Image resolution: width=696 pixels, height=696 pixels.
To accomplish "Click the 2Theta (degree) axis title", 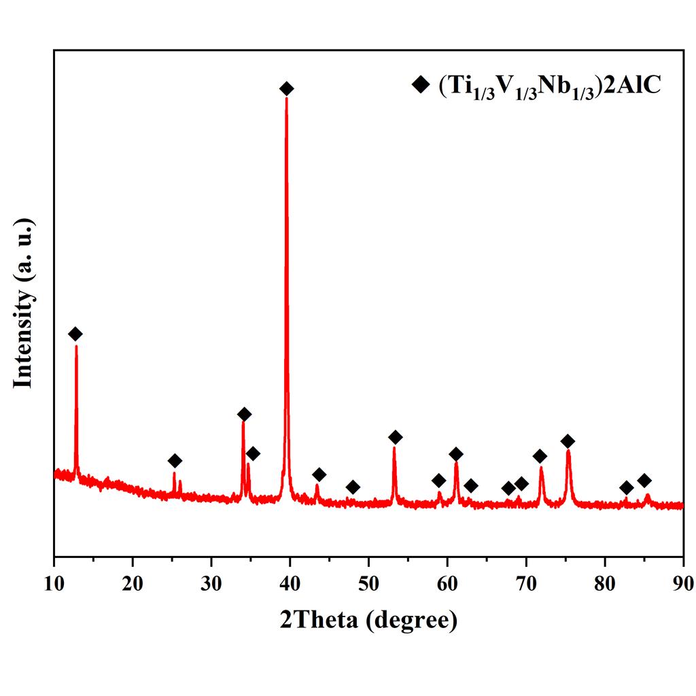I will [x=368, y=620].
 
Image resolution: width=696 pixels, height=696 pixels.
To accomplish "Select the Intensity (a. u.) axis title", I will [x=23, y=303].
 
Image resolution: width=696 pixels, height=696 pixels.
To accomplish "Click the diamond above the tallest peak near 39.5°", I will [x=287, y=88].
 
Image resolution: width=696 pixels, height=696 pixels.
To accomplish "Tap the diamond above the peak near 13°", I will [x=75, y=334].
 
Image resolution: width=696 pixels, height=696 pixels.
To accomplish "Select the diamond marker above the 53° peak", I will [x=395, y=437].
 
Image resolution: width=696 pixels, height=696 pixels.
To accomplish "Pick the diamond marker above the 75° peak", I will [x=568, y=442].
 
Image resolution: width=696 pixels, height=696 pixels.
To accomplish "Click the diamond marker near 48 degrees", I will [x=353, y=487].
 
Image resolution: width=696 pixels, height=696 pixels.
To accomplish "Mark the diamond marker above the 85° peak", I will [x=644, y=481].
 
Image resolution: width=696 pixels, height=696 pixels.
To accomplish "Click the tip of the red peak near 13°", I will [x=76, y=346].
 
